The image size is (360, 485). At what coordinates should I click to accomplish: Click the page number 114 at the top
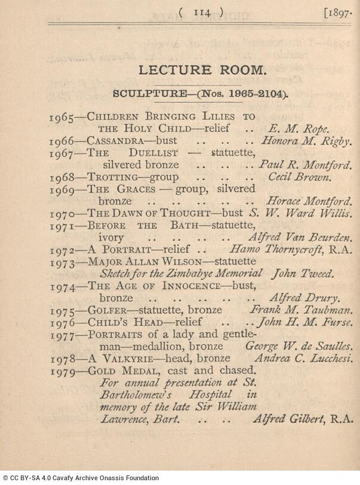[202, 12]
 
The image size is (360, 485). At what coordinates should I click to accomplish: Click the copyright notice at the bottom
[80, 478]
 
